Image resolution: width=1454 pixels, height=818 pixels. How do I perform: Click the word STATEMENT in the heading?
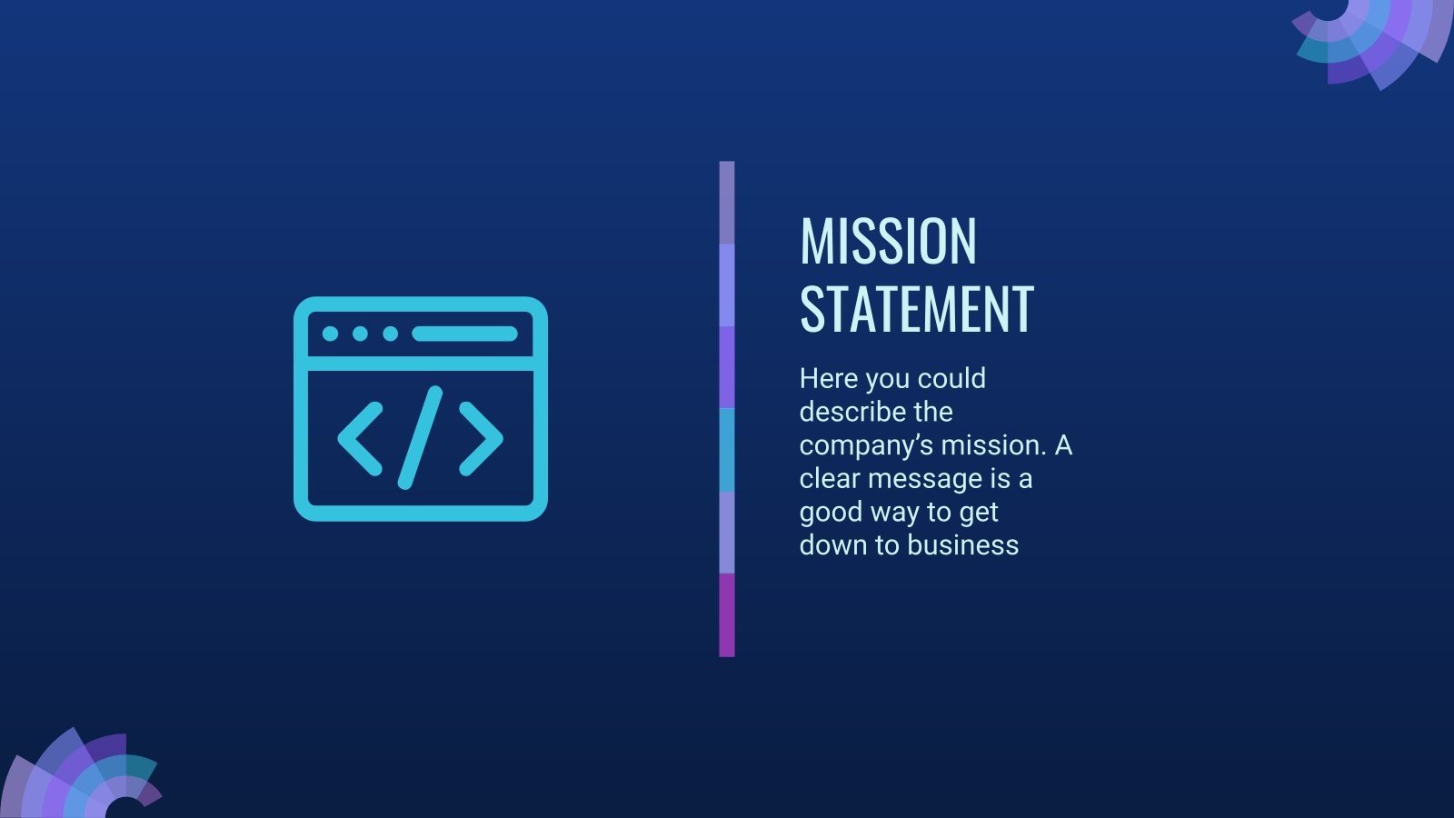tap(916, 310)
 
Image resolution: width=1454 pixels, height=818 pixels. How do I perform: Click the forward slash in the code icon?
tap(420, 437)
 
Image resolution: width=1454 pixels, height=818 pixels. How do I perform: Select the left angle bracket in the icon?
tap(360, 438)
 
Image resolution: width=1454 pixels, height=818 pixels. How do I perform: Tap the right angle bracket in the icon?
tap(481, 438)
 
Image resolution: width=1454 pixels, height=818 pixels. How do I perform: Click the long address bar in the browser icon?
tap(464, 334)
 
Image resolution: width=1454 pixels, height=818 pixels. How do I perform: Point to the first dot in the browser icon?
tap(331, 334)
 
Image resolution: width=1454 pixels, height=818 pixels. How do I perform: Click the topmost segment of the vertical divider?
tap(726, 203)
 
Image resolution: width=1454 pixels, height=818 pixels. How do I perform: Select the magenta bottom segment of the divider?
tap(726, 615)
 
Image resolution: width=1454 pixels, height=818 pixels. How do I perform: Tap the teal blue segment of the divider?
tap(726, 450)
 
